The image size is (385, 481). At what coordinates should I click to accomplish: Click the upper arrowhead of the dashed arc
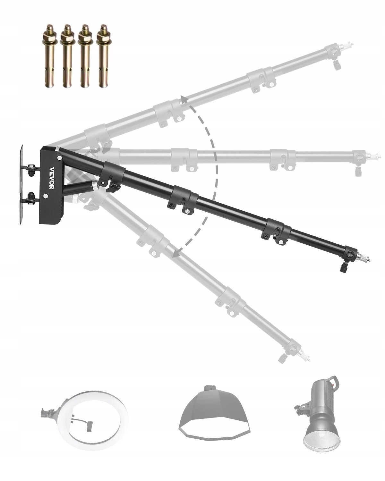tap(184, 100)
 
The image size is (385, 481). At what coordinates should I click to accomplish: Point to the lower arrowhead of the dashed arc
tap(175, 254)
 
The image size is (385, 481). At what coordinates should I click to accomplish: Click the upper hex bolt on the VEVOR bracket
tap(60, 158)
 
